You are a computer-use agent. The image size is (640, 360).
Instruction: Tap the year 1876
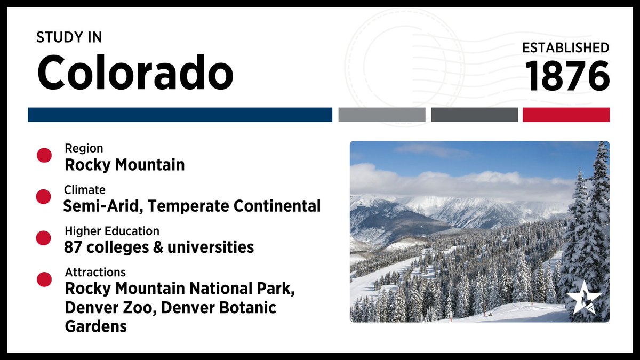[x=567, y=75]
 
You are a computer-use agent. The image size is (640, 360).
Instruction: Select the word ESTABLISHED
[x=565, y=47]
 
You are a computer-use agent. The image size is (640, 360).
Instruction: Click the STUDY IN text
[x=69, y=38]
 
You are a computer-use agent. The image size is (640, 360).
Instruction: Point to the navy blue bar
[x=180, y=115]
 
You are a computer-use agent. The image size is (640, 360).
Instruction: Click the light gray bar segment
[x=381, y=115]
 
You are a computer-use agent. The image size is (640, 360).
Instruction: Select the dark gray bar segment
[x=474, y=115]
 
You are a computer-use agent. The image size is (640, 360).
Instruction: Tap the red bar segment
[x=566, y=115]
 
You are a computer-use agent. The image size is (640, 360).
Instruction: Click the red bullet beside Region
[x=44, y=156]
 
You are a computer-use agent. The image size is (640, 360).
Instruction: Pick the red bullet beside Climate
[x=44, y=197]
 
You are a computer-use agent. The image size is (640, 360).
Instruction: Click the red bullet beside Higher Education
[x=44, y=238]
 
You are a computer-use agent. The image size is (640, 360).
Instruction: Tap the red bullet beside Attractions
[x=44, y=279]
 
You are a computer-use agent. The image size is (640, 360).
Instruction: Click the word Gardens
[x=96, y=326]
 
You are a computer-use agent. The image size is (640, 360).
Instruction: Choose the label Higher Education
[x=112, y=231]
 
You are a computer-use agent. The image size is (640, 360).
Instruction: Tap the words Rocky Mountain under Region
[x=125, y=165]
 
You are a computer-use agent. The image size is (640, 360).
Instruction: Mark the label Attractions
[x=95, y=272]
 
